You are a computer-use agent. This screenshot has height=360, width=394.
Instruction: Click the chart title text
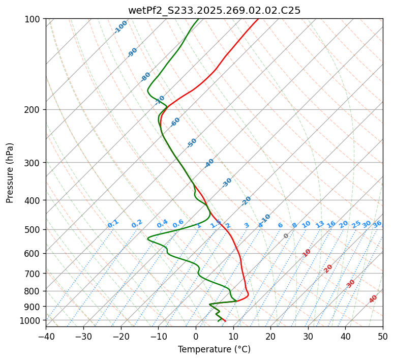214,10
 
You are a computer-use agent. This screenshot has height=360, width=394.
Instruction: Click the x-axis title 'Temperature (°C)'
214,349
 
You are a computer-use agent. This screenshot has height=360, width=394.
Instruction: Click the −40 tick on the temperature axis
46,336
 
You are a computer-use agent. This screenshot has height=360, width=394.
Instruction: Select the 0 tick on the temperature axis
196,336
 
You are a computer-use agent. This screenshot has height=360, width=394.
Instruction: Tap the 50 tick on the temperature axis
383,336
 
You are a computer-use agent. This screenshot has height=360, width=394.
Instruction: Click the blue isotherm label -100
120,27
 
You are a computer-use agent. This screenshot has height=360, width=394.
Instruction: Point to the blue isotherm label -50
192,143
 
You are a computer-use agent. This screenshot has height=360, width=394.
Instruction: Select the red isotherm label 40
373,299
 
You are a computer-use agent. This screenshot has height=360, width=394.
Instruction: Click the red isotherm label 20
328,268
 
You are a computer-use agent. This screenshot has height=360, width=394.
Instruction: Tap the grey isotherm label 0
286,236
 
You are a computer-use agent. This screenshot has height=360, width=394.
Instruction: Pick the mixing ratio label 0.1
113,224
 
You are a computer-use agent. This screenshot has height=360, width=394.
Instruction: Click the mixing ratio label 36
377,224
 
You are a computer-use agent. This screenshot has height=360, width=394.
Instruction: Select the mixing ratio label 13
320,224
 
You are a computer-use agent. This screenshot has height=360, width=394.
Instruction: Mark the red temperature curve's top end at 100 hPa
258,19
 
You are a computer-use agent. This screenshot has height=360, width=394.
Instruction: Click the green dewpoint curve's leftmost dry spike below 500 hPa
148,238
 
